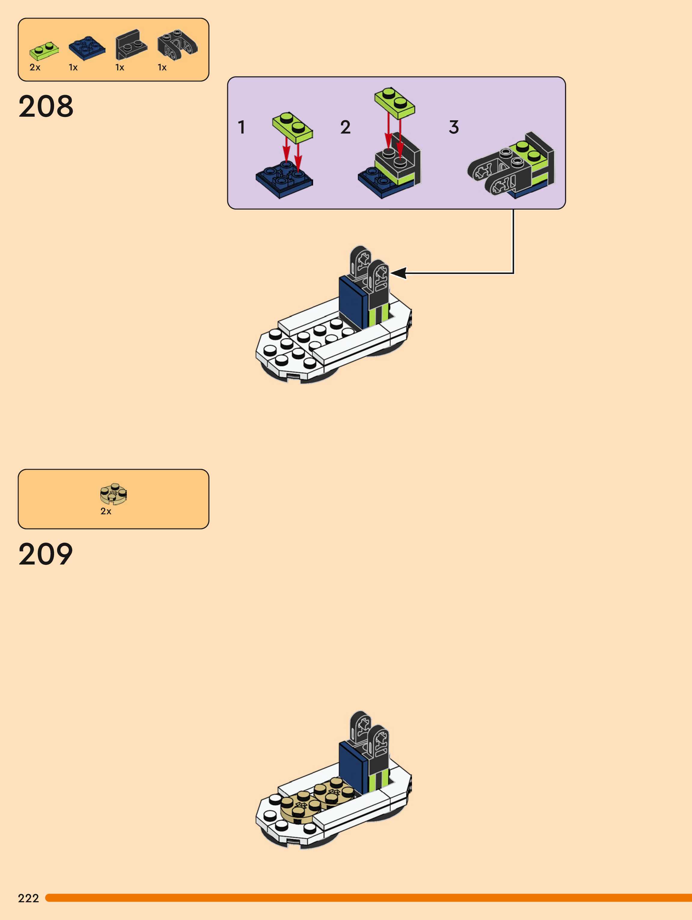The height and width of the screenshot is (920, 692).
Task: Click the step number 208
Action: tap(46, 106)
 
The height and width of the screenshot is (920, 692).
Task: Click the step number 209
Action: tap(46, 554)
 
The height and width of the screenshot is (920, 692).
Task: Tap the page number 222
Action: tap(28, 898)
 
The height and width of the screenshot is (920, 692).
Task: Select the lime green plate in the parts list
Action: tap(44, 51)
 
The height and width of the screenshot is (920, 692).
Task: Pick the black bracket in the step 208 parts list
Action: tap(131, 45)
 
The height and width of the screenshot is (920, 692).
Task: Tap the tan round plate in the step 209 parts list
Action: tap(114, 494)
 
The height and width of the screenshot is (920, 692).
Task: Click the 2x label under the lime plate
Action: tap(35, 67)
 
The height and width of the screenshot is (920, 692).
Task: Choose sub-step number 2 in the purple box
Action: tap(345, 127)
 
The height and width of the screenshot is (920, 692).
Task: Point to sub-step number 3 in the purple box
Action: tap(454, 127)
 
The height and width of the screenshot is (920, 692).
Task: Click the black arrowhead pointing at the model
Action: tap(398, 273)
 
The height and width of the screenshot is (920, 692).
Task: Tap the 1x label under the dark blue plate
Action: tap(73, 67)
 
